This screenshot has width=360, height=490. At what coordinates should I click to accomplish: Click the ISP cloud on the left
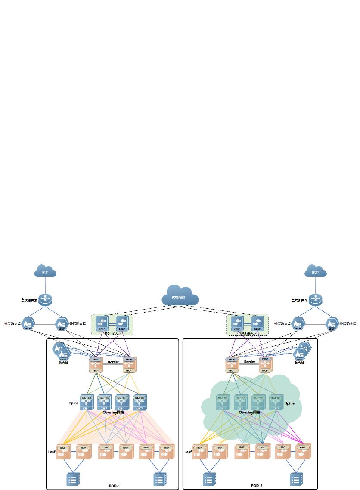click(x=45, y=272)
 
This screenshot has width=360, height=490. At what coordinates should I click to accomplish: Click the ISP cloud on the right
click(x=315, y=272)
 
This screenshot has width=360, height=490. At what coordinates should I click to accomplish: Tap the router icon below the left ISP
click(x=45, y=300)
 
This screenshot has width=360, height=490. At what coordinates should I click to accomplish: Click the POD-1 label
click(x=114, y=485)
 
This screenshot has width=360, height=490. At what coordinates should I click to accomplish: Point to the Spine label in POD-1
click(x=74, y=403)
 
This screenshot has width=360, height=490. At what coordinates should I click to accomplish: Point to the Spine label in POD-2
click(x=290, y=403)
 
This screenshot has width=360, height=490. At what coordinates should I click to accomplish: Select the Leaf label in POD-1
click(x=52, y=452)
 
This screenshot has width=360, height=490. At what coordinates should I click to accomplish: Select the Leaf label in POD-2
click(x=188, y=452)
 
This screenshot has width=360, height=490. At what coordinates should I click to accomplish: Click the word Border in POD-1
click(x=113, y=362)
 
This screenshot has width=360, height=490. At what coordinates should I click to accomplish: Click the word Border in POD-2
click(x=250, y=362)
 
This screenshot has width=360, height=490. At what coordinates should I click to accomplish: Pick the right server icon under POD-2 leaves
click(x=295, y=479)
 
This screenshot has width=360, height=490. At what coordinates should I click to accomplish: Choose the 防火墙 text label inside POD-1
click(x=64, y=363)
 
